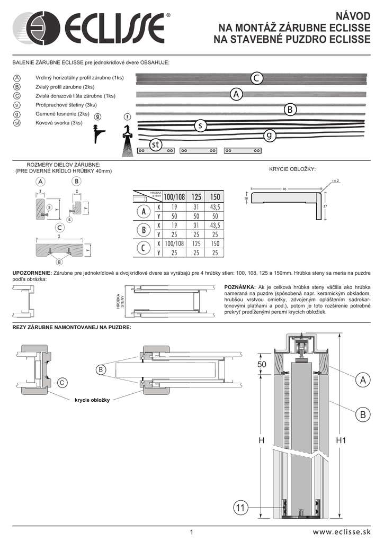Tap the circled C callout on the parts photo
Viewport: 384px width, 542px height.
pos(256,78)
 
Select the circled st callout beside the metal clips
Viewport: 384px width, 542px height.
pos(155,144)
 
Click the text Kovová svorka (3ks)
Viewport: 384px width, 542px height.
pos(59,123)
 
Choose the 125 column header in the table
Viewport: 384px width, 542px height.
pos(197,197)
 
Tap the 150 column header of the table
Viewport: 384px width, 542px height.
pos(215,197)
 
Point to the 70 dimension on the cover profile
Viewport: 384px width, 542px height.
pos(284,188)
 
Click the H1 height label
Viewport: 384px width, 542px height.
pos(341,440)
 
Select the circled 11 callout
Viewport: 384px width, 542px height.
pos(241,508)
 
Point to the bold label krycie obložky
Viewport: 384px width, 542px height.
pos(92,400)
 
